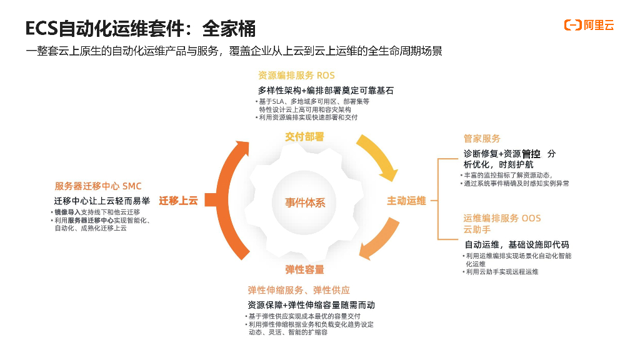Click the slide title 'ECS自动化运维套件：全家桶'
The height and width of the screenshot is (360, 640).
(x=141, y=28)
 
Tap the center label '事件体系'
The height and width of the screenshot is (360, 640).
(x=305, y=202)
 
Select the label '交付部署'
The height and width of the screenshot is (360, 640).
(x=305, y=137)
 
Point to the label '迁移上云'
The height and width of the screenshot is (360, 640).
(x=178, y=201)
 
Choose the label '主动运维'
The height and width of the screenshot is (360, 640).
(x=406, y=201)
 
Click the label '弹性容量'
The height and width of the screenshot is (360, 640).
(x=305, y=269)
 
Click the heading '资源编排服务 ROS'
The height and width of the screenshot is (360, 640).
(x=296, y=76)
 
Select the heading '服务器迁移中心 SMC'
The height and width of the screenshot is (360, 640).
(x=98, y=186)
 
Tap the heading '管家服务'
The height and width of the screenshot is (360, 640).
(x=482, y=139)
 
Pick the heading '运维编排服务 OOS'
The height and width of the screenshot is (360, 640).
(x=502, y=218)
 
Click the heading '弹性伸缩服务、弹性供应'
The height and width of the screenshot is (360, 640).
(x=299, y=290)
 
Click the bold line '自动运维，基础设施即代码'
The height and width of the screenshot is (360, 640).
(x=517, y=244)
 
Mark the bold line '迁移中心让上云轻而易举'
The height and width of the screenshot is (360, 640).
(x=101, y=201)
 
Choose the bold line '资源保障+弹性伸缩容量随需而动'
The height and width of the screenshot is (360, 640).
(x=311, y=305)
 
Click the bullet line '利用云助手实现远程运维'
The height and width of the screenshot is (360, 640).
(x=502, y=272)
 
